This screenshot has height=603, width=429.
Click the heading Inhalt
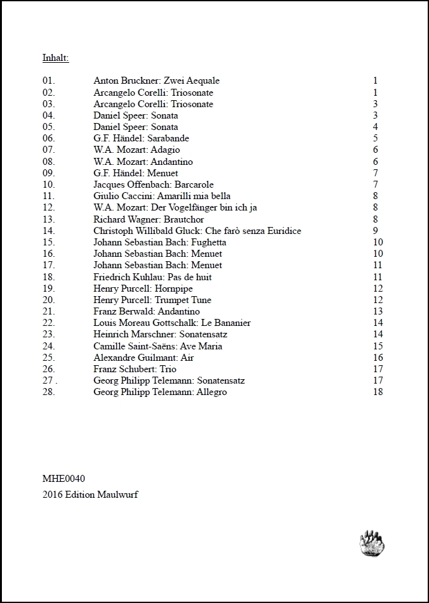pyautogui.click(x=55, y=58)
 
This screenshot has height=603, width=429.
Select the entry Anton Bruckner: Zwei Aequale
pyautogui.click(x=156, y=81)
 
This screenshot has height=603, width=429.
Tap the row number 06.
pyautogui.click(x=49, y=138)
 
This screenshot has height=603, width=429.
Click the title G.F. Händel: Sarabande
pyautogui.click(x=141, y=138)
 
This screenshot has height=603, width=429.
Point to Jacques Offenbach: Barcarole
pyautogui.click(x=154, y=185)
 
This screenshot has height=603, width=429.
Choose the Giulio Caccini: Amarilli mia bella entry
pyautogui.click(x=162, y=196)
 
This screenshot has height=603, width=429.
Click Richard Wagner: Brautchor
pyautogui.click(x=145, y=219)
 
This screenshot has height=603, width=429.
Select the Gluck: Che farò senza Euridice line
pyautogui.click(x=197, y=231)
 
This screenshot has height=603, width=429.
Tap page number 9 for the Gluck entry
pyautogui.click(x=376, y=231)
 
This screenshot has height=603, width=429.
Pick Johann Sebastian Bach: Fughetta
pyautogui.click(x=160, y=242)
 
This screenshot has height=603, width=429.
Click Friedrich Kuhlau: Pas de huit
pyautogui.click(x=152, y=277)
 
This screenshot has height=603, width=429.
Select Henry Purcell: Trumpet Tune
pyautogui.click(x=152, y=300)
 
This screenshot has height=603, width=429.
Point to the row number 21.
pyautogui.click(x=49, y=311)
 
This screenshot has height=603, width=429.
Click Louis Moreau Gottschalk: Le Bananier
pyautogui.click(x=172, y=323)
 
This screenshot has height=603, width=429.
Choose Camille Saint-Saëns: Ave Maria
pyautogui.click(x=158, y=346)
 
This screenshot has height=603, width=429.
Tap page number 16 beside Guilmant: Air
pyautogui.click(x=378, y=358)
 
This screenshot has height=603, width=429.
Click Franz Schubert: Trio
pyautogui.click(x=135, y=369)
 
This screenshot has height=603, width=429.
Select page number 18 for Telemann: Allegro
pyautogui.click(x=378, y=392)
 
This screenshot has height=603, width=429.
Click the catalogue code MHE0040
pyautogui.click(x=63, y=479)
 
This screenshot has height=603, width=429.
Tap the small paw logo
pyautogui.click(x=373, y=543)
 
